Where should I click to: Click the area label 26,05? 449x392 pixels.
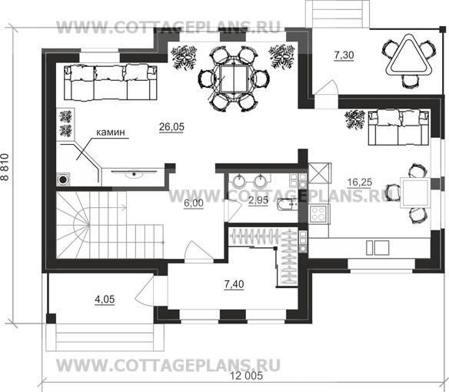[171, 127]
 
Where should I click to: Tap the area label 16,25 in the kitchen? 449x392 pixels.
[359, 182]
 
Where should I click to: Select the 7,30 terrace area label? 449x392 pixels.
[344, 55]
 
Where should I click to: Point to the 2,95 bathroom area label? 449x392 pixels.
[258, 200]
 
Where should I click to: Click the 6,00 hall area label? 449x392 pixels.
[194, 203]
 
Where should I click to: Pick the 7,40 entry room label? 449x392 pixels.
[234, 284]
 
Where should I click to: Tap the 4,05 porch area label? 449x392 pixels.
[105, 299]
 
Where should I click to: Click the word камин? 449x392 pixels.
[111, 132]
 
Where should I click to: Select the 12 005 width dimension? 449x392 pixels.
[247, 375]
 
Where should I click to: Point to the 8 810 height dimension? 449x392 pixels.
[5, 167]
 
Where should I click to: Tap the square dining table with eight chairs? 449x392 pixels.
[234, 78]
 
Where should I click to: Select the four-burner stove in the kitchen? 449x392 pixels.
[318, 213]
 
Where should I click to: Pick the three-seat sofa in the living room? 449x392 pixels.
[110, 82]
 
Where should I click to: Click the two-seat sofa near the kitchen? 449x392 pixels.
[399, 127]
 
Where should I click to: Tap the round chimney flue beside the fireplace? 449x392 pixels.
[63, 179]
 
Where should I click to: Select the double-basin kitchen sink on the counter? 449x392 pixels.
[377, 248]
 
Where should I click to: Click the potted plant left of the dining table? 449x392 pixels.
[184, 58]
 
